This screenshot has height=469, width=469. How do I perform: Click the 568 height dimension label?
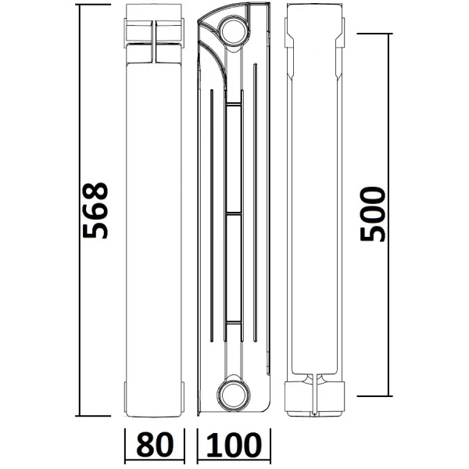[x=95, y=211]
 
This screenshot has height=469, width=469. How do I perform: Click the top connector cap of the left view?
[x=156, y=35]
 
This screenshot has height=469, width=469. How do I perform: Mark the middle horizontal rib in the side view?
[x=232, y=212]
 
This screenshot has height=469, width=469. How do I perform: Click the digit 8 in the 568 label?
[x=95, y=192]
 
